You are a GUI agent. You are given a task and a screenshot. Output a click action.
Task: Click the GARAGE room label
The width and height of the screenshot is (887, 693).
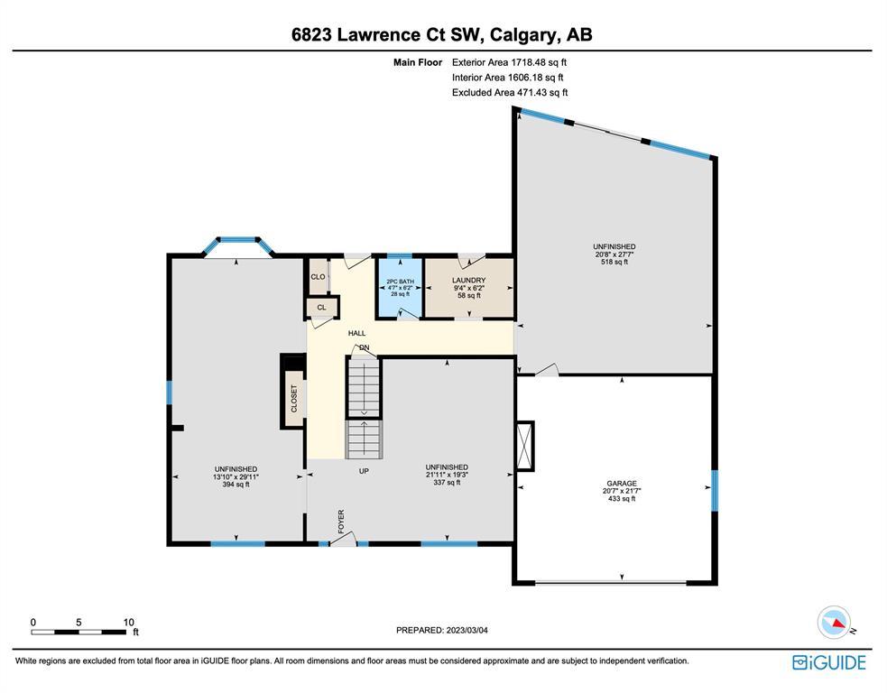click(622, 483)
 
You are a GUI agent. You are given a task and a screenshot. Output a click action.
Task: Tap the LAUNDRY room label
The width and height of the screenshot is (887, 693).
click(469, 280)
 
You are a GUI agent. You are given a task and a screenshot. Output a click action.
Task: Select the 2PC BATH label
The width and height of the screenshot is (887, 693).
click(400, 282)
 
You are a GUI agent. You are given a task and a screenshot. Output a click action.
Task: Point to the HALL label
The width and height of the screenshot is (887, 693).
click(357, 333)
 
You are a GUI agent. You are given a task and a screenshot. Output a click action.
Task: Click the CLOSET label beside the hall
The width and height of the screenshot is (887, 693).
click(294, 398)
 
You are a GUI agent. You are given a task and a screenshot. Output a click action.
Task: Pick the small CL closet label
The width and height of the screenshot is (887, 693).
click(321, 307)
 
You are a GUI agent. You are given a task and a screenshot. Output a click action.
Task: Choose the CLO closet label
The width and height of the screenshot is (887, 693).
click(318, 277)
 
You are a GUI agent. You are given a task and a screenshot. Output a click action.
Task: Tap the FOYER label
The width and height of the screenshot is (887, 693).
click(341, 521)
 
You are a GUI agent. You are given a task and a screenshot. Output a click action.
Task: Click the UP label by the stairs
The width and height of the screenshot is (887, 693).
click(364, 471)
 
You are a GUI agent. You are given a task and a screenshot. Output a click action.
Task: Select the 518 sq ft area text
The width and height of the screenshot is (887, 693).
click(614, 262)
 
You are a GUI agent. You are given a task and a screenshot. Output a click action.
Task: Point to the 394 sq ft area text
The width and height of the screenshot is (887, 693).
click(236, 485)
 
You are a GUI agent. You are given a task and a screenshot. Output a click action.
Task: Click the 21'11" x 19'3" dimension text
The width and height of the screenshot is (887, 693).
click(447, 475)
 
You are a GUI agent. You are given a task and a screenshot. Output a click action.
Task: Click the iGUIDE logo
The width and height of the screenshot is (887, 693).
click(829, 662)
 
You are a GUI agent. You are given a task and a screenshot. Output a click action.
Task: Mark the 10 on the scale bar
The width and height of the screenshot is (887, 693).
click(129, 623)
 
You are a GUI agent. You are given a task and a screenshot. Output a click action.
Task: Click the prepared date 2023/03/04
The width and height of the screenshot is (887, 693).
click(467, 630)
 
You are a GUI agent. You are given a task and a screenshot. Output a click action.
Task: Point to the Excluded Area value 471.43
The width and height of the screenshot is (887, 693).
click(530, 92)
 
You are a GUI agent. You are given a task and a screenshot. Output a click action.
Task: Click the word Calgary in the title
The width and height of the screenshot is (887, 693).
click(524, 34)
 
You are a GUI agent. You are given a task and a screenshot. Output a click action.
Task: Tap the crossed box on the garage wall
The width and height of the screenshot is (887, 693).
click(525, 447)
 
